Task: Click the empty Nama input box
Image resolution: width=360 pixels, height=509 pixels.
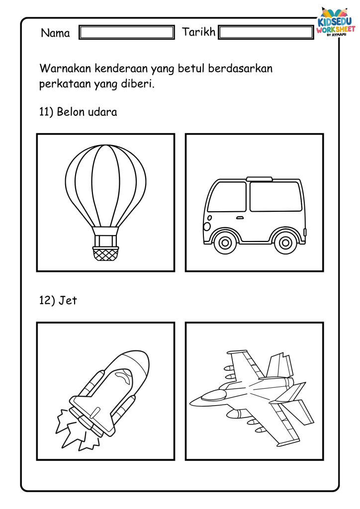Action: (x=127, y=32)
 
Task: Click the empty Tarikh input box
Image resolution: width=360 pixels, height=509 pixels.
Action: (x=266, y=32)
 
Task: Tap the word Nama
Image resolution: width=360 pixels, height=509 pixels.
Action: (x=55, y=33)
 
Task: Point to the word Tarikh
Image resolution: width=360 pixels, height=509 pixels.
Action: (x=199, y=32)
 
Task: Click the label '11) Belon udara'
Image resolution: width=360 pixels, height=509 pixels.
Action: (x=78, y=112)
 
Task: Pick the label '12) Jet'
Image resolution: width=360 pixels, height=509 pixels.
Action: (x=58, y=300)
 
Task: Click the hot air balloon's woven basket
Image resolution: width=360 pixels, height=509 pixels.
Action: (x=105, y=253)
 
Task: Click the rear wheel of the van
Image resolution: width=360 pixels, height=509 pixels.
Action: (x=285, y=243)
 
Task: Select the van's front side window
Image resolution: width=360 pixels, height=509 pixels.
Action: (x=227, y=196)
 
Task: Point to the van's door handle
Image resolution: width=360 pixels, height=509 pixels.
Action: (x=240, y=218)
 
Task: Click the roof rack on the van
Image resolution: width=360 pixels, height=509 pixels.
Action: (x=259, y=178)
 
